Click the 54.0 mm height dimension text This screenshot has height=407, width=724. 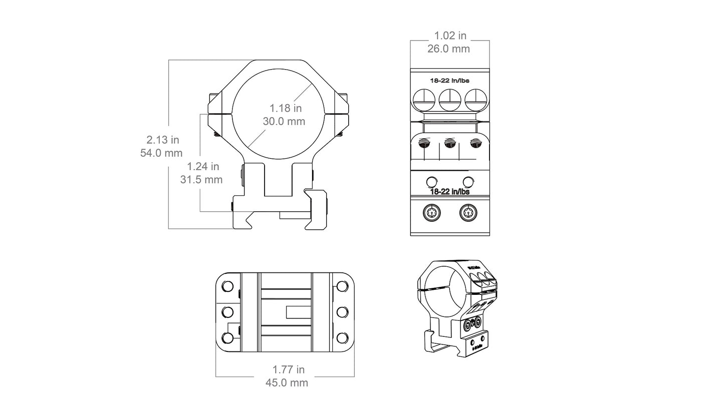(161, 153)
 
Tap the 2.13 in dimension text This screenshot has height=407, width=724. (162, 140)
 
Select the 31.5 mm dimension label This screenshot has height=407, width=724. (201, 179)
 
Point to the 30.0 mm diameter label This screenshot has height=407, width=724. (284, 121)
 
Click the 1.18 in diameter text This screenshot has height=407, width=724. (285, 108)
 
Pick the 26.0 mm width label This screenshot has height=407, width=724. (448, 49)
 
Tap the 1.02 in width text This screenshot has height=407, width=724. (450, 36)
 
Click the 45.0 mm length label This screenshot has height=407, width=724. (287, 383)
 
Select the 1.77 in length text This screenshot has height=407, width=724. (288, 370)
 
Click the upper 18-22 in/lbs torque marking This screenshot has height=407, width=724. (449, 80)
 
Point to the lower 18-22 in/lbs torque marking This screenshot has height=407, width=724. (449, 191)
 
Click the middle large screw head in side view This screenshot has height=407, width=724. (449, 100)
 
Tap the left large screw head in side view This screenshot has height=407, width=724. (424, 100)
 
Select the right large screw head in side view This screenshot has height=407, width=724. (475, 100)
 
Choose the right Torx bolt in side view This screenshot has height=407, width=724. (468, 213)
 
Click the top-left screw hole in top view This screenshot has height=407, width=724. (227, 287)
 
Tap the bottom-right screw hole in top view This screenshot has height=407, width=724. (343, 338)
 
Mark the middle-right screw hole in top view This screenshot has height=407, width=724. (343, 312)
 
